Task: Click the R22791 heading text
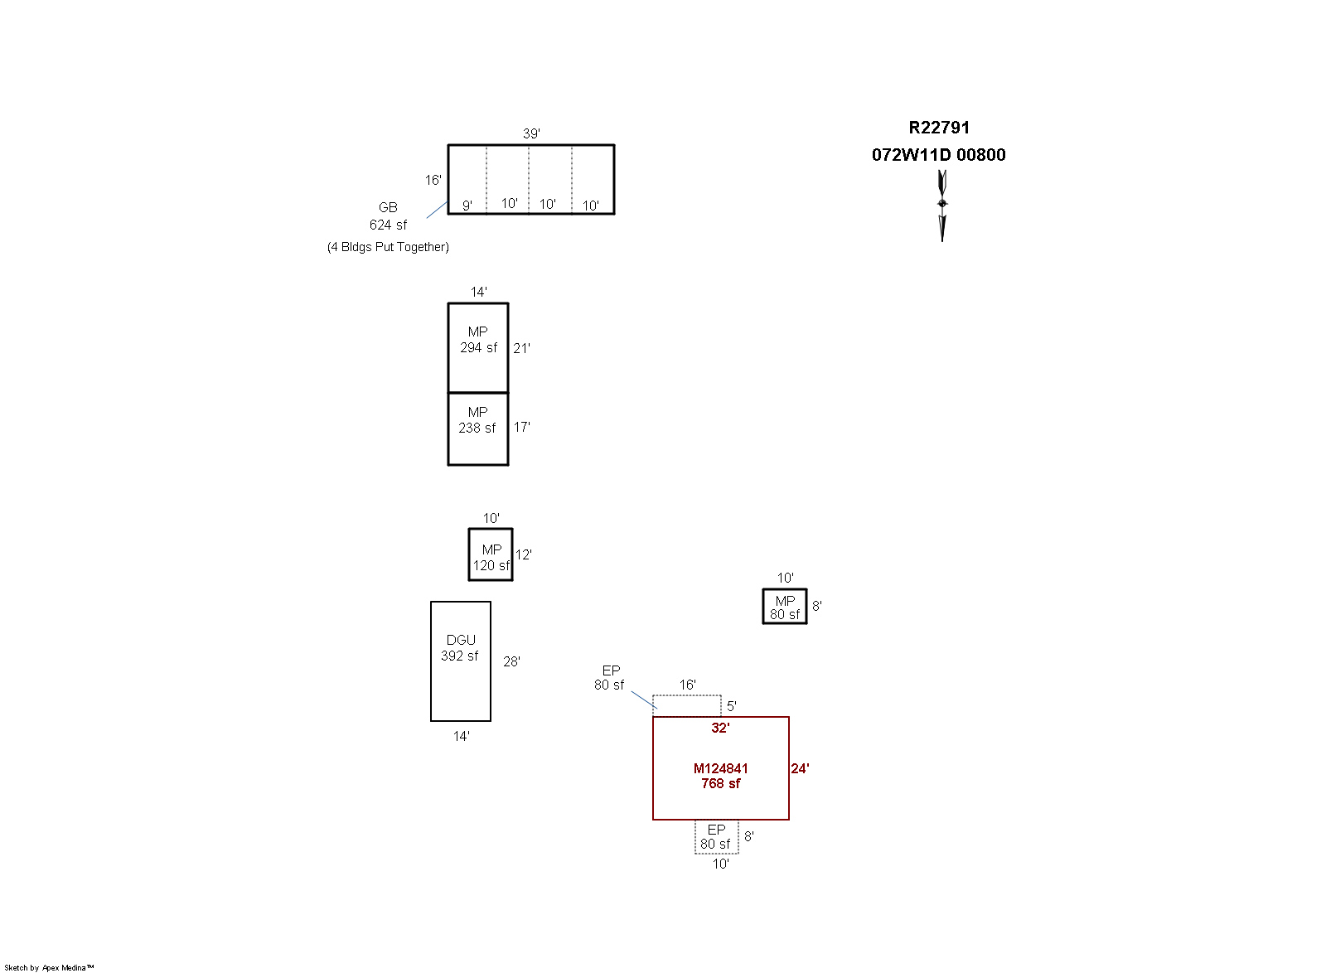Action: tap(939, 128)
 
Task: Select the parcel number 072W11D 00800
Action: tap(938, 155)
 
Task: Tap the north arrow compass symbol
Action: tap(942, 206)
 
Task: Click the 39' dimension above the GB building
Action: tap(531, 133)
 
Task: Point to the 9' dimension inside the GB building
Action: tap(467, 206)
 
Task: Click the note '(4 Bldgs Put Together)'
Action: tap(389, 247)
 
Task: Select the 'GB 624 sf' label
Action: tap(389, 216)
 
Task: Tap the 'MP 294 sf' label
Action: tap(478, 340)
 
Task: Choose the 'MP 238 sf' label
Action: tap(477, 420)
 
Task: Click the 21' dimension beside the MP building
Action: tap(521, 349)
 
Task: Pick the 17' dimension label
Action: tap(521, 428)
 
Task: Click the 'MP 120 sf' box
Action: tap(491, 554)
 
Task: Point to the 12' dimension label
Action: tap(523, 555)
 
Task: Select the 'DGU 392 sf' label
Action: tap(460, 648)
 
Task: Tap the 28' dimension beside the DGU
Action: tap(511, 661)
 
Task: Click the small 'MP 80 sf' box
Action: tap(785, 606)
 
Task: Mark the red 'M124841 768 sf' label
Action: tap(720, 776)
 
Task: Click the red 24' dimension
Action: tap(800, 769)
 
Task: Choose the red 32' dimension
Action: tap(720, 728)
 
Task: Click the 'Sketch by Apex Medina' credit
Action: tap(49, 968)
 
